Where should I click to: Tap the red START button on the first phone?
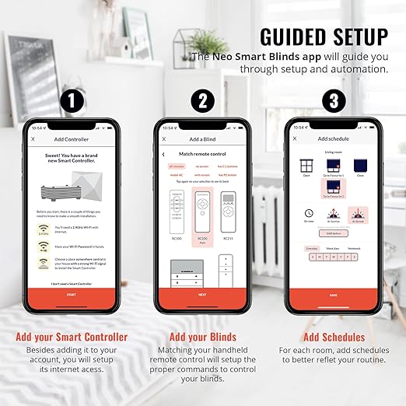(x=72, y=295)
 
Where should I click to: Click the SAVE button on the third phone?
(x=333, y=295)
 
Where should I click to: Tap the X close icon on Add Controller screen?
(x=33, y=139)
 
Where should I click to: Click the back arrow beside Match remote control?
(x=163, y=155)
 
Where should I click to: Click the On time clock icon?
(x=309, y=213)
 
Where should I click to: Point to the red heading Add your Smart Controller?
(x=72, y=337)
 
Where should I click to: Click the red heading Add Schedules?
(x=333, y=337)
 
